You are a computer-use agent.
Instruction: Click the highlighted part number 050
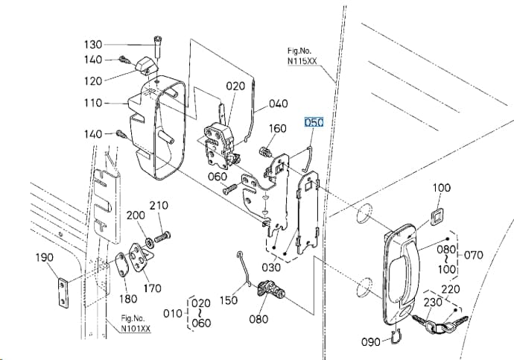[314, 122]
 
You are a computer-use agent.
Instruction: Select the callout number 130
[93, 44]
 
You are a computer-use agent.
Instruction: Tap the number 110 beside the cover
[93, 103]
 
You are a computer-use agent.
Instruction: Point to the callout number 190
[44, 257]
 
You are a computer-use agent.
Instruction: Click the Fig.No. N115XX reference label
[302, 56]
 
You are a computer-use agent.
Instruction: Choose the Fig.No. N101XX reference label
[136, 323]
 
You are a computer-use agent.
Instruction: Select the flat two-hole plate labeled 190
[63, 292]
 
